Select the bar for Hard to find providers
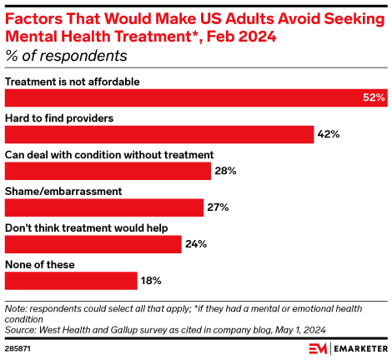(x=159, y=134)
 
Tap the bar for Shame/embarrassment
(x=104, y=207)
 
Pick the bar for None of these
(x=71, y=281)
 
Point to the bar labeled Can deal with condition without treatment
(x=108, y=171)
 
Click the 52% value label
(x=374, y=97)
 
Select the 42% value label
(x=328, y=134)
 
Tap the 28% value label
(x=225, y=171)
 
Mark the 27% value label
(x=218, y=207)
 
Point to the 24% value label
(x=195, y=244)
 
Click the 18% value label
(x=150, y=281)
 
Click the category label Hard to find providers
(x=59, y=118)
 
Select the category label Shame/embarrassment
(x=63, y=192)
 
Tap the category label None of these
(x=40, y=265)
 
